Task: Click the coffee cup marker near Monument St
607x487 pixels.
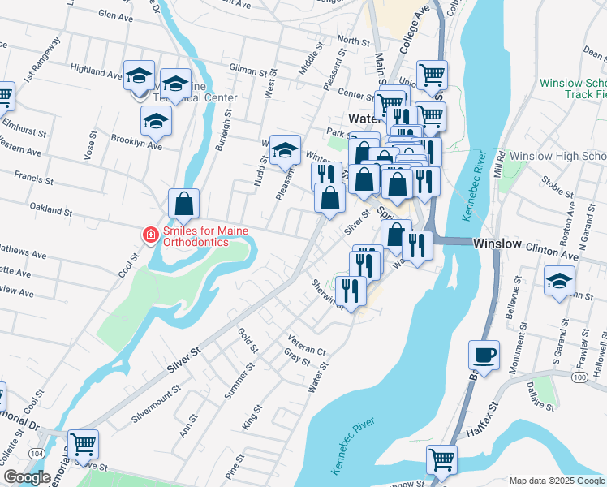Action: [x=484, y=356]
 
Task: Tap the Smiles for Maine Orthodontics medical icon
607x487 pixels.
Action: [x=150, y=235]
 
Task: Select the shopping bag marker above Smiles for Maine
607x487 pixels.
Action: [x=184, y=204]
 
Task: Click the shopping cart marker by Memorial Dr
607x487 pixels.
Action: [x=83, y=445]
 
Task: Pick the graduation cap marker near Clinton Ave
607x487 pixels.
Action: [x=559, y=282]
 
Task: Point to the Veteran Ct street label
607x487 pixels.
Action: [x=306, y=344]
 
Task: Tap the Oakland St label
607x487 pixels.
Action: [x=51, y=209]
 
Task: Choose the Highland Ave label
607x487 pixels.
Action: [x=96, y=71]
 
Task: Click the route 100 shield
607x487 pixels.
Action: [x=579, y=377]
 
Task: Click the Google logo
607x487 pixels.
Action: [x=27, y=477]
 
